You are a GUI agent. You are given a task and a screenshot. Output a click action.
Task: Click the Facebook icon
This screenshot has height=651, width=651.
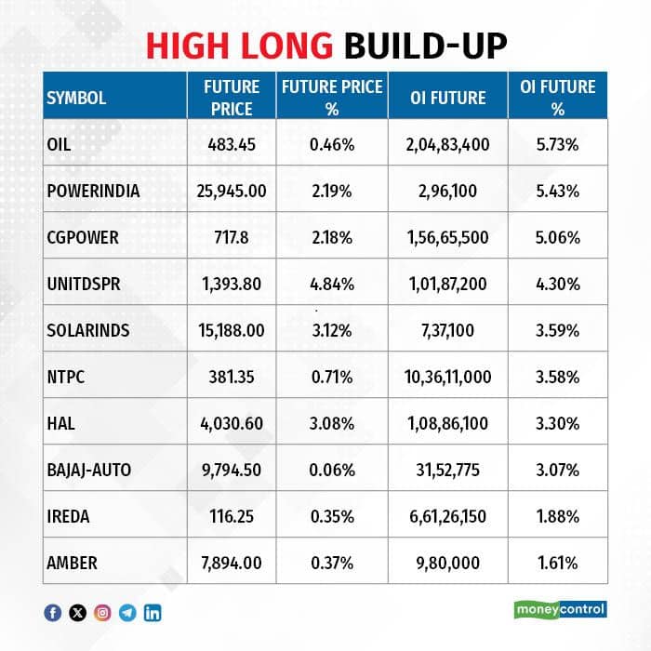[x=53, y=613]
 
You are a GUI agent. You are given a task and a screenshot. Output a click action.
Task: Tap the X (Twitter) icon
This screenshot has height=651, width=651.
[x=77, y=613]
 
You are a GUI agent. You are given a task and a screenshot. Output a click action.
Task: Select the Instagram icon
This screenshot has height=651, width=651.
[x=102, y=613]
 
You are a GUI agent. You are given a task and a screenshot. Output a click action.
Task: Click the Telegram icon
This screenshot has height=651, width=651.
[x=127, y=613]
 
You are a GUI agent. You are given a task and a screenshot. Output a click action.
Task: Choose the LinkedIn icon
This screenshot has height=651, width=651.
[x=153, y=613]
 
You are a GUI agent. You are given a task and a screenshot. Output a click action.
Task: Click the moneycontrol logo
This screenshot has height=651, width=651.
[x=561, y=609]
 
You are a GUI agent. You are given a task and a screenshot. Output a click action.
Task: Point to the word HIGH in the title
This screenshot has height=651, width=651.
[x=187, y=46]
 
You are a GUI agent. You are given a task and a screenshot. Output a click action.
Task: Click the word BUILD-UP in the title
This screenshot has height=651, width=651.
[x=426, y=46]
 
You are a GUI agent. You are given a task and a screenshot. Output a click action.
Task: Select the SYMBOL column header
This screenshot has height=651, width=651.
[x=76, y=98]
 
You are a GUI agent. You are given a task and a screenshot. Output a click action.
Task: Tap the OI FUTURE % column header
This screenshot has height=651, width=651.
[x=558, y=98]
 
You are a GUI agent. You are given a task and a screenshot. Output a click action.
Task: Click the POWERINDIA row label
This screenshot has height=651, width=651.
[x=93, y=191]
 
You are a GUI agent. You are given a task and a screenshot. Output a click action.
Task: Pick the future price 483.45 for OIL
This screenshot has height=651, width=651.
[x=232, y=144]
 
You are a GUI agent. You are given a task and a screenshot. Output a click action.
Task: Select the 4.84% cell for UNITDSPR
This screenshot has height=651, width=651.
[x=332, y=284]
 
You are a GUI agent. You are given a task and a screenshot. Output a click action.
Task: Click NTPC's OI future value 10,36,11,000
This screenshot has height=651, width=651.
[x=448, y=377]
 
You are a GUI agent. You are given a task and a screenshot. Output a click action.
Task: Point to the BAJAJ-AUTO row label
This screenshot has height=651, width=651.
[x=89, y=470]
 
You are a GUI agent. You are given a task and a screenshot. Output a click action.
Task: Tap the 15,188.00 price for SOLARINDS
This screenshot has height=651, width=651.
[x=232, y=330]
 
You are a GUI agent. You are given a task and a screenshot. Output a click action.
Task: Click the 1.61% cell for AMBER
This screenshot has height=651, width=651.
[x=558, y=563]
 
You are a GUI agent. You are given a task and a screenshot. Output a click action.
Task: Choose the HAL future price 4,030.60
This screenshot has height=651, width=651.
[x=232, y=423]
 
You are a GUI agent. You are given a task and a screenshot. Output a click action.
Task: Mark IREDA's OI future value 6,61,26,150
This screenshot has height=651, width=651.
[x=448, y=516]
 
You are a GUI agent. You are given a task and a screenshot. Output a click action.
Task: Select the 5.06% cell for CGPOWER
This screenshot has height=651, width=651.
[x=558, y=237]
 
